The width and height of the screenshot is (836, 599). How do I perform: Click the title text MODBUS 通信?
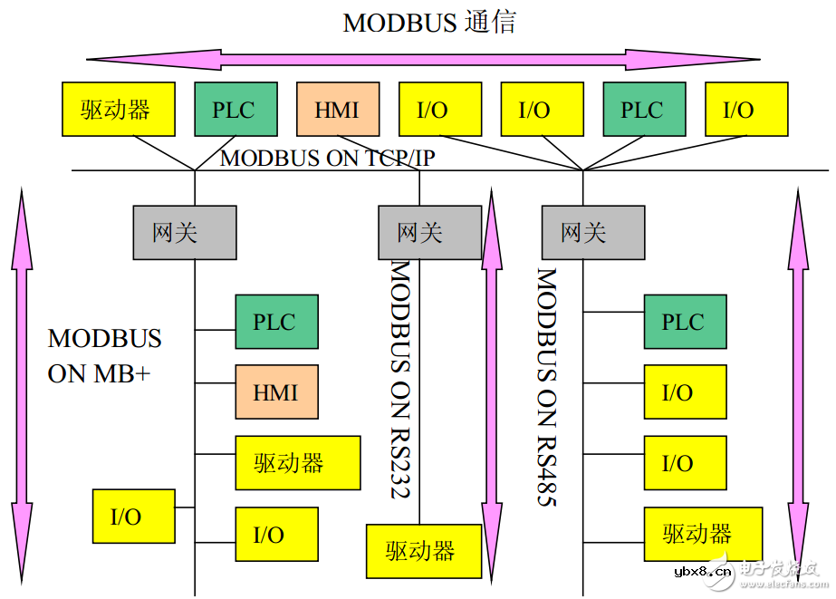[x=428, y=22]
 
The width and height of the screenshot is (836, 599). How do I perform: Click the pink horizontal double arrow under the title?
[x=423, y=60]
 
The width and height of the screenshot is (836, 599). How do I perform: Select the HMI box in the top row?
[x=337, y=110]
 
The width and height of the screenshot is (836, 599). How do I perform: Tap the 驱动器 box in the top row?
[x=115, y=110]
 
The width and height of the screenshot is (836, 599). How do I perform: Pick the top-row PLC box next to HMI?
[x=235, y=110]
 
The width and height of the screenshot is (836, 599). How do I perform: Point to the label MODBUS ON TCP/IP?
[x=328, y=159]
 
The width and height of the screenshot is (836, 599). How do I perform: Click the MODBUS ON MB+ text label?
[x=103, y=355]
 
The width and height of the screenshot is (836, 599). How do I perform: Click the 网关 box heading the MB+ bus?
[x=184, y=233]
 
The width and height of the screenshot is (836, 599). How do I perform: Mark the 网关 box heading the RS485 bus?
[x=592, y=233]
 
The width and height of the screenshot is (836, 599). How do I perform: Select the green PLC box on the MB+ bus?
[x=276, y=322]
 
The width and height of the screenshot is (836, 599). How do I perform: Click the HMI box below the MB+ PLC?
[x=276, y=392]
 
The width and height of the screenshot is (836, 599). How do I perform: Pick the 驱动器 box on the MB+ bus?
[x=289, y=463]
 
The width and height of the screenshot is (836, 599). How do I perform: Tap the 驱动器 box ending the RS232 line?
[x=422, y=550]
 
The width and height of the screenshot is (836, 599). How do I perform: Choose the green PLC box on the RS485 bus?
[x=684, y=322]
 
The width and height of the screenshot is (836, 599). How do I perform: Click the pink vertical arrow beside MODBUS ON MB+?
[x=23, y=381]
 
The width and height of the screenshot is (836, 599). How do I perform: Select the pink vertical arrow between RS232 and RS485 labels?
[x=492, y=381]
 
